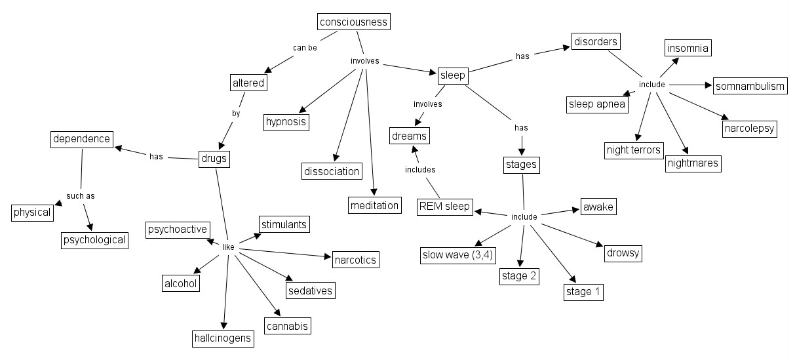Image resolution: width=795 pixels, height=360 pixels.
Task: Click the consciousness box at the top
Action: pos(353,22)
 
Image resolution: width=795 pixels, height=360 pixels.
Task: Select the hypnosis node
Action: pos(286,121)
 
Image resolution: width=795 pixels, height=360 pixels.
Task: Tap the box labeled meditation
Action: pos(374,205)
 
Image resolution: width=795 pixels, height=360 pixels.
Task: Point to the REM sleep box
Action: pos(444,207)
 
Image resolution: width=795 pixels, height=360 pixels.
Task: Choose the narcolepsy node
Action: pos(750,128)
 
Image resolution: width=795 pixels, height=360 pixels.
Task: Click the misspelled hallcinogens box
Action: pos(223,338)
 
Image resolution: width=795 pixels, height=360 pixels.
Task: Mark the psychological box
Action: pos(94,240)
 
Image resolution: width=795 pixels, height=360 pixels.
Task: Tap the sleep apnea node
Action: pos(597,104)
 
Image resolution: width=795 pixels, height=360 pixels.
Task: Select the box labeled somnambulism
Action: pos(749,87)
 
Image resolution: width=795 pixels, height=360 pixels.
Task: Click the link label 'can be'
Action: pos(304,47)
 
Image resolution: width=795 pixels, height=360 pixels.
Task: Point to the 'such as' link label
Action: pos(81,195)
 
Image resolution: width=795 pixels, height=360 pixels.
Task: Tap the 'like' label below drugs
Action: pos(227,247)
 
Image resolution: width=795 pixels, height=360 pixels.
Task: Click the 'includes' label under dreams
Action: pos(419,170)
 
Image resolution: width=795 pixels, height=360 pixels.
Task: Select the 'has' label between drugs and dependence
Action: pos(156,157)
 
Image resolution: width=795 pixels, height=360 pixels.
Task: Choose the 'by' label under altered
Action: pos(236,113)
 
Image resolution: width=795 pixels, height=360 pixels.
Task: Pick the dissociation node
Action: pos(332,171)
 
